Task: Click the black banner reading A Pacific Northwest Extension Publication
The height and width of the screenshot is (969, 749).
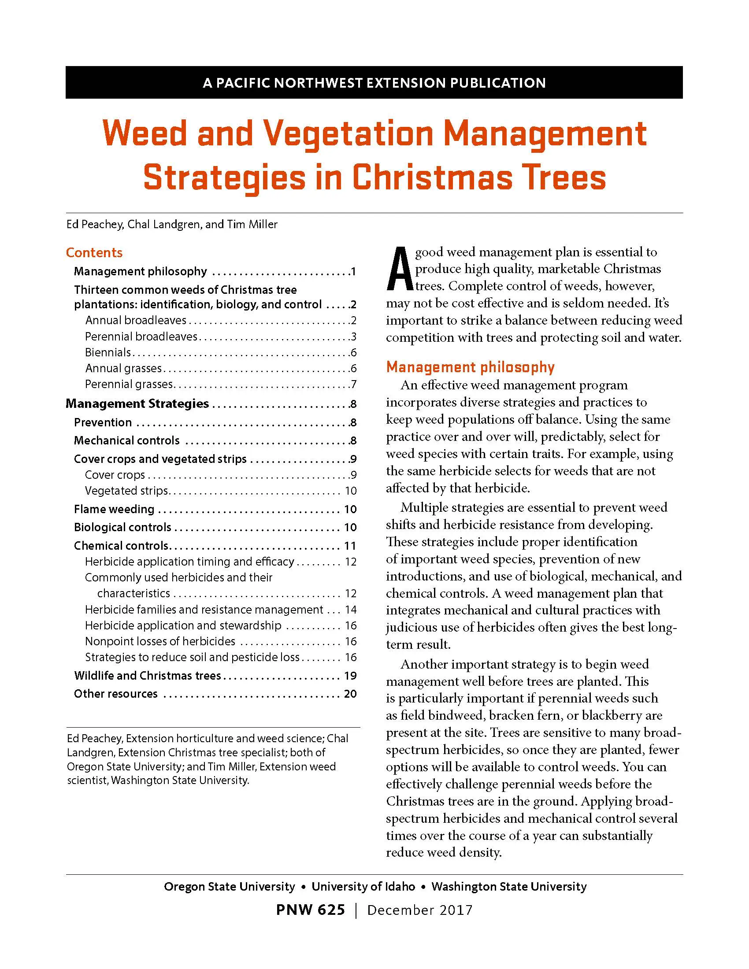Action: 374,82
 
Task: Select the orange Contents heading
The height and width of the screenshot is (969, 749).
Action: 94,252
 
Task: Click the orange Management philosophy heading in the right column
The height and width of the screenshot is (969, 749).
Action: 471,367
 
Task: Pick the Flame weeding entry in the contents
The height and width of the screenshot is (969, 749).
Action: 114,509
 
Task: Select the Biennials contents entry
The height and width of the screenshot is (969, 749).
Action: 108,352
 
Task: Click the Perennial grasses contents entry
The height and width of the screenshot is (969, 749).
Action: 129,384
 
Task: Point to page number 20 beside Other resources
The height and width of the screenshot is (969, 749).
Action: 350,693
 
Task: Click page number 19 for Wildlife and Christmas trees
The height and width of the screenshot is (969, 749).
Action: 350,675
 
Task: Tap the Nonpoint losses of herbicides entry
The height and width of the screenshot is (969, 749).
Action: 160,641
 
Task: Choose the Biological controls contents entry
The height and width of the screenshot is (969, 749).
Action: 122,527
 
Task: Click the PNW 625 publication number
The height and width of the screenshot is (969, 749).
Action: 310,910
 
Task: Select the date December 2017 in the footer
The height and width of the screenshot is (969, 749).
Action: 420,910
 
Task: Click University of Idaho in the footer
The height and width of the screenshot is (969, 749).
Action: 363,887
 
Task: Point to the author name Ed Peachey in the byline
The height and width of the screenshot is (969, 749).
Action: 94,225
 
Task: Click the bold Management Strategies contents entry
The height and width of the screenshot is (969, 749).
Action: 137,403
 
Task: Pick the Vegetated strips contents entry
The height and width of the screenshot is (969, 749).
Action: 126,491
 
